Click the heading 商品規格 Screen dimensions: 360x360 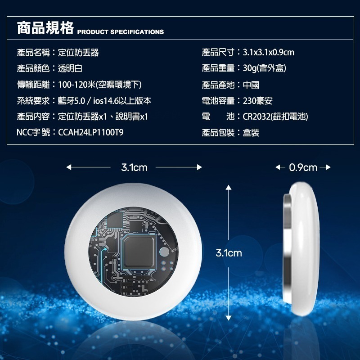[x=45, y=28]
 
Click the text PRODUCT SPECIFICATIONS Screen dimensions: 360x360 [x=121, y=32]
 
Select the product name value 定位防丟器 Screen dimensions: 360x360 [x=78, y=53]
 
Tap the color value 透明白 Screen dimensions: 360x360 [x=70, y=69]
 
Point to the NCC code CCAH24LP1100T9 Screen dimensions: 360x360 [x=91, y=133]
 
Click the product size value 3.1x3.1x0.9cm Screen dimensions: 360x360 [x=268, y=53]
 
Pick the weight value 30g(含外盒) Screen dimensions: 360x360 [x=265, y=69]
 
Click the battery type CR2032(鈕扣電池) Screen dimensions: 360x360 [x=275, y=117]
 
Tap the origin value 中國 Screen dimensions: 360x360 [x=251, y=85]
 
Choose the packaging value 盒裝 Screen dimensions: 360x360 [x=251, y=133]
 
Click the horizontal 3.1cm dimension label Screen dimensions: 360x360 [x=134, y=168]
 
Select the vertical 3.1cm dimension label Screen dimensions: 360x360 [x=229, y=253]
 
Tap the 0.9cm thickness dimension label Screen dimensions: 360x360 [x=303, y=168]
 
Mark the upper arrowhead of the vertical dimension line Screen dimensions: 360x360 [x=229, y=190]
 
